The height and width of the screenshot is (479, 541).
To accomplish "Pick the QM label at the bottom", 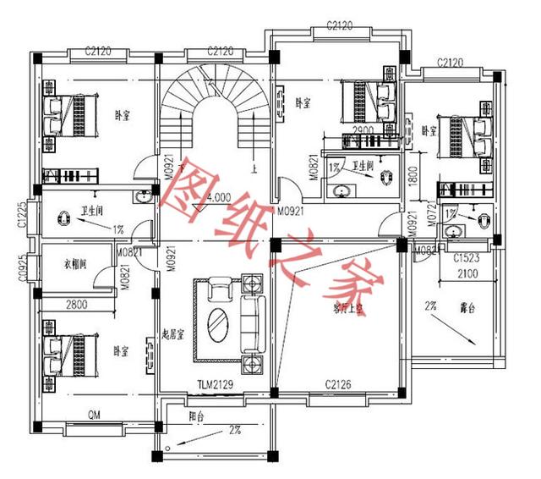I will click(96, 415).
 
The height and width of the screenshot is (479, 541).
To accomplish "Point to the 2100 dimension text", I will click(467, 273).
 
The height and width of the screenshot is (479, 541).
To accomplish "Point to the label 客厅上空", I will click(347, 310).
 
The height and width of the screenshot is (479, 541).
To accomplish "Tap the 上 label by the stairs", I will click(254, 168).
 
